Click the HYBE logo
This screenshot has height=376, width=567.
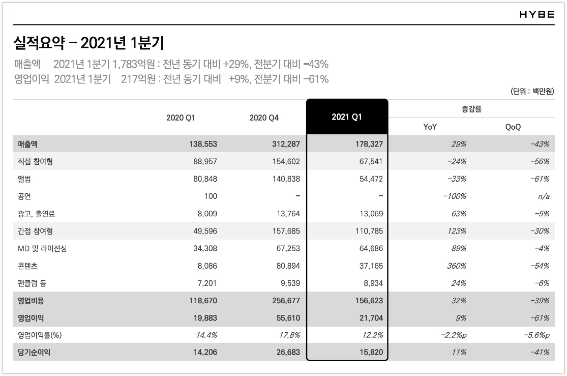(x=537, y=15)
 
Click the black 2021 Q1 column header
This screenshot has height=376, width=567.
(x=347, y=117)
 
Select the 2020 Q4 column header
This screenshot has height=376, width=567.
(x=264, y=118)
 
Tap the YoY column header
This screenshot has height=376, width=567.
(x=430, y=127)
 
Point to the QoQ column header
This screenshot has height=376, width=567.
(x=513, y=127)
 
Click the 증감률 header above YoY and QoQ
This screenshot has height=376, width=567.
(x=471, y=109)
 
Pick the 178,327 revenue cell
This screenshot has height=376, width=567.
(x=369, y=144)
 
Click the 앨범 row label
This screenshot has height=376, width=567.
(x=24, y=179)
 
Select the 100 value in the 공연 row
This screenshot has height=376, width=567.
(x=211, y=196)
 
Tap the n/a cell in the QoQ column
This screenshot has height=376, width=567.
(x=544, y=196)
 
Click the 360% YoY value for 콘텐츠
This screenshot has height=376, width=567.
(x=457, y=266)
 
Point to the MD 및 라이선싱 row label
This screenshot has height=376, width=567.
(x=42, y=249)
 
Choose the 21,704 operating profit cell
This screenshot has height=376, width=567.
(x=371, y=318)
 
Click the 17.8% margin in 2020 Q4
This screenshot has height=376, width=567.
(x=290, y=335)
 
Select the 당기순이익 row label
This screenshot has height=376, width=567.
(x=34, y=352)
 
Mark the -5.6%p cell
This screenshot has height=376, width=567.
(x=537, y=335)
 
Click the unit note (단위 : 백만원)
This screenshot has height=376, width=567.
(x=532, y=91)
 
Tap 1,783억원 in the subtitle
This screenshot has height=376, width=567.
(x=133, y=64)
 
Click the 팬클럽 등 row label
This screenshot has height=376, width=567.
(x=32, y=283)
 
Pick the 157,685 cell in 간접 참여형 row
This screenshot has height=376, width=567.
(x=286, y=231)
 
